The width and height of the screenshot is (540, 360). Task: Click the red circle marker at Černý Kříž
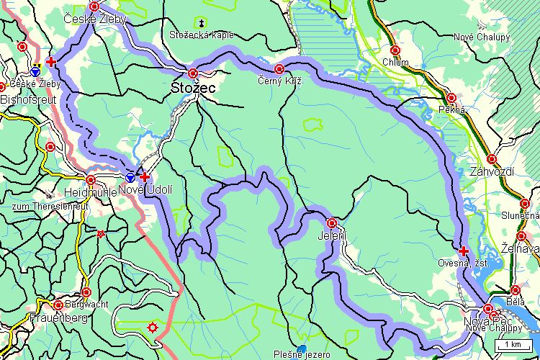279,70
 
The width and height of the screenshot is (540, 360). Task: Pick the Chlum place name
396,62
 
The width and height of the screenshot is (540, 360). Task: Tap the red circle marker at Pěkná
451,98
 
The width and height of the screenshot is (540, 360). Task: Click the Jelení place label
332,235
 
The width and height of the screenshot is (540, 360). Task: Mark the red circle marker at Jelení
332,223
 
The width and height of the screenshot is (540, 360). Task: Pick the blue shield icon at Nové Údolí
130,176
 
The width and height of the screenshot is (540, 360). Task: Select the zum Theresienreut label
49,205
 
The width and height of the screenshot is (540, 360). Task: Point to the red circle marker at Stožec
193,73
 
